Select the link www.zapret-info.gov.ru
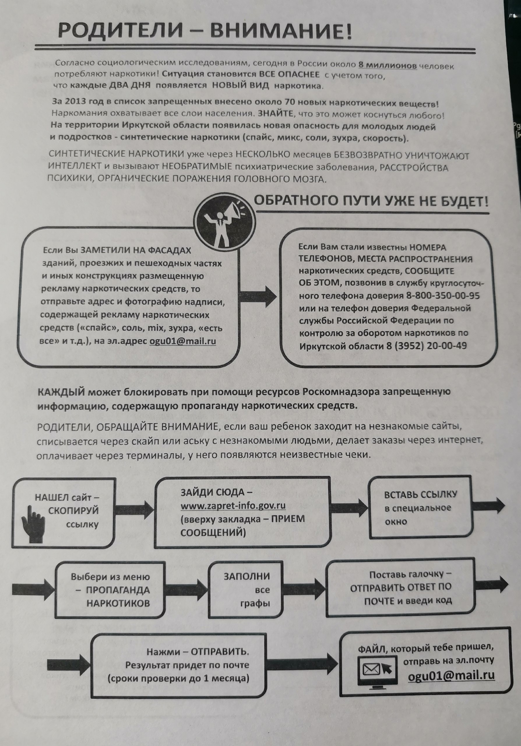(233, 506)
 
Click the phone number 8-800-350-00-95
(443, 296)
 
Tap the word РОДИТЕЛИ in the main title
(119, 31)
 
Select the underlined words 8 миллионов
(388, 65)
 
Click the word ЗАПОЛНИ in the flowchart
(247, 576)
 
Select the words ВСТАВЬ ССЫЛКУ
(420, 495)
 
